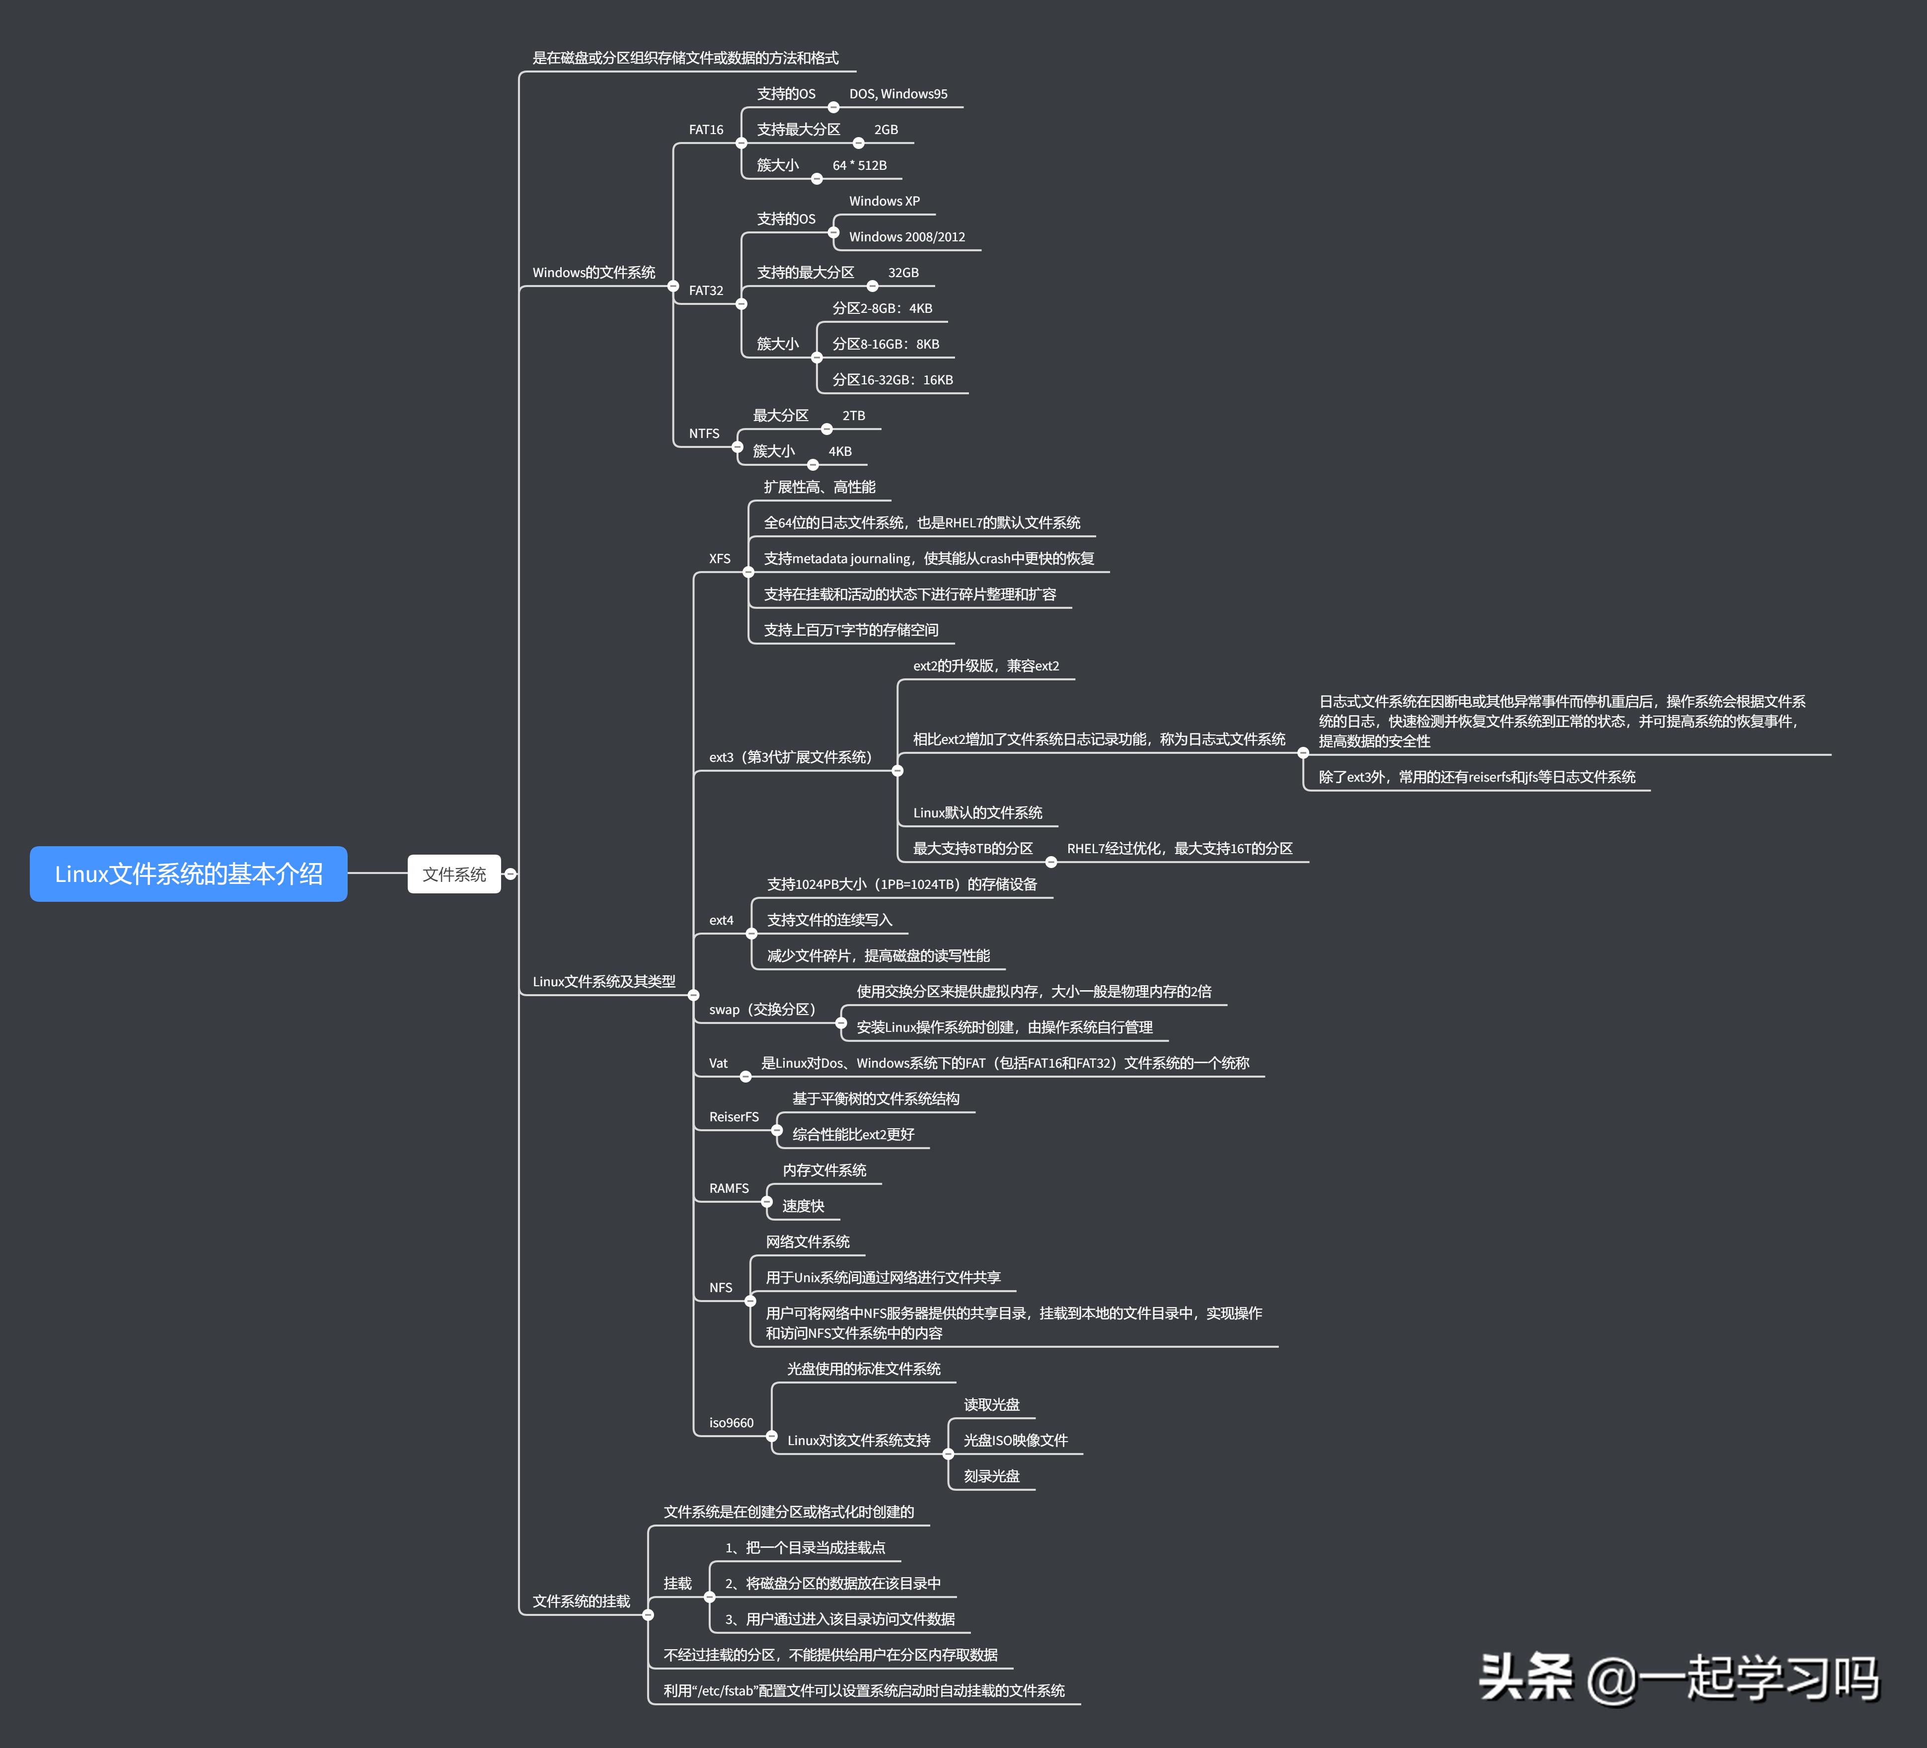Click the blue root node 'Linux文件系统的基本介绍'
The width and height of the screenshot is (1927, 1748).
click(x=188, y=874)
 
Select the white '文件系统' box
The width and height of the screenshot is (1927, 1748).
click(x=454, y=874)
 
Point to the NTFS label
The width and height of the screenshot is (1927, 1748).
click(x=704, y=433)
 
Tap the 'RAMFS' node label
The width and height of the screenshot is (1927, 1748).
click(x=729, y=1188)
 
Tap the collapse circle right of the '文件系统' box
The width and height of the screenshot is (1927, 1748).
click(x=511, y=874)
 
